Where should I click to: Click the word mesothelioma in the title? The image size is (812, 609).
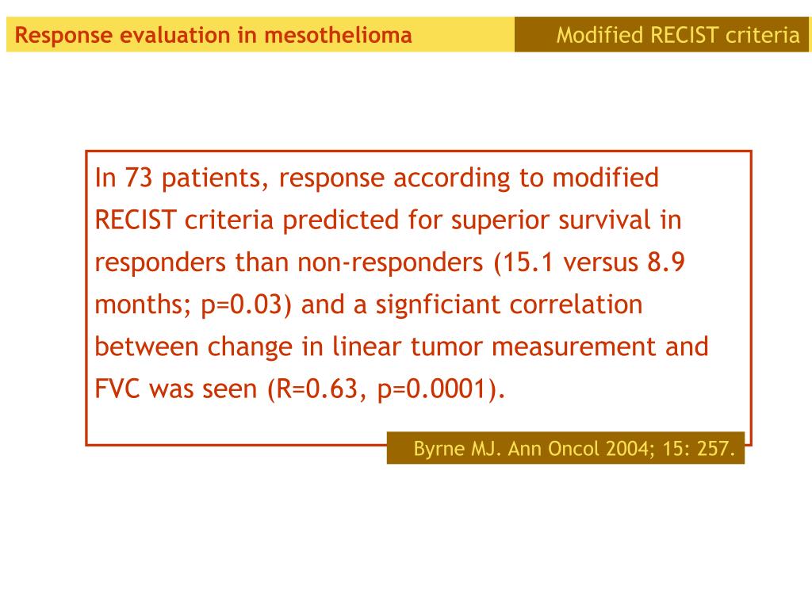tap(338, 35)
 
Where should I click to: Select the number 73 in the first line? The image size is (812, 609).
tap(139, 178)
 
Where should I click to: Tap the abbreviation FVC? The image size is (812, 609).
tap(117, 389)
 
